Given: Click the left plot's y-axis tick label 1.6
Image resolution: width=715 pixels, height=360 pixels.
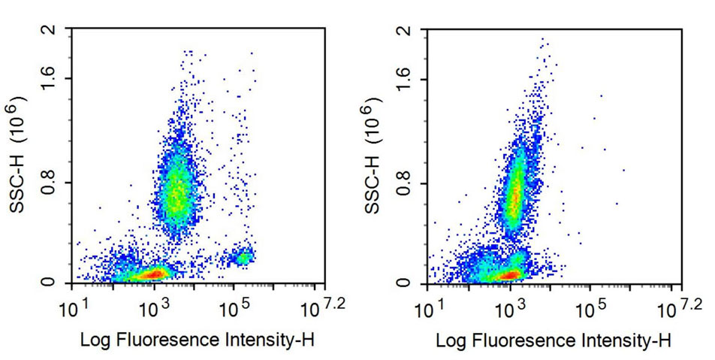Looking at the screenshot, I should pyautogui.click(x=50, y=78).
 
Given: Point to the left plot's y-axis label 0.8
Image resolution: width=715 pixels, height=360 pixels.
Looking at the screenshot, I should pyautogui.click(x=50, y=182).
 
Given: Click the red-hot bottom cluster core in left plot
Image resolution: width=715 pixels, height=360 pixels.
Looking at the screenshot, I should pyautogui.click(x=150, y=274).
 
